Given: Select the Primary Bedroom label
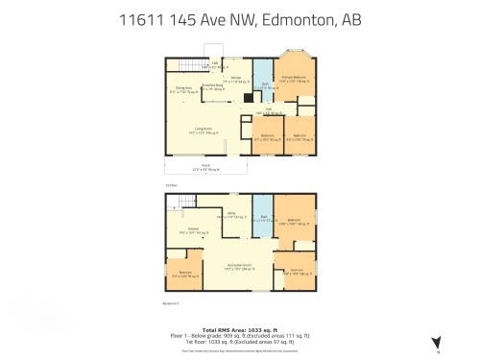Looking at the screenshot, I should pos(294,78).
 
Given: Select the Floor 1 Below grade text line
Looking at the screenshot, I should pos(239,337).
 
